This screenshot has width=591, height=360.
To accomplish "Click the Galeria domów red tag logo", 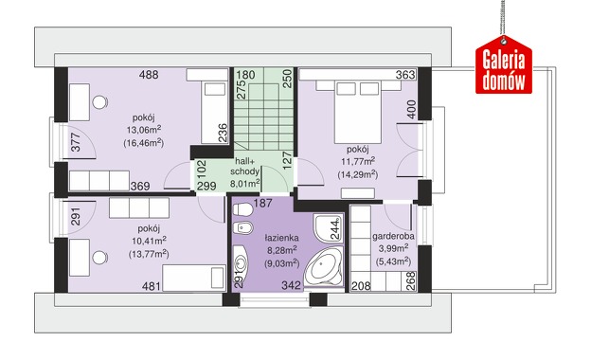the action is coord(504,64).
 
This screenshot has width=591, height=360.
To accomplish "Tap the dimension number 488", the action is coord(149,75).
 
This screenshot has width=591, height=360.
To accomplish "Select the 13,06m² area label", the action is coord(144,130).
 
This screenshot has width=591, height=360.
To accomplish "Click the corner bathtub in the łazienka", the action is coord(324,266).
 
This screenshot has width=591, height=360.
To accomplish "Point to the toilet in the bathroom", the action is coord(242,209).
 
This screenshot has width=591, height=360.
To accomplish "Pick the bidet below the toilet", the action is coord(242,227).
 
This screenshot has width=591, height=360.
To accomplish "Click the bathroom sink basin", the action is coord(241,262).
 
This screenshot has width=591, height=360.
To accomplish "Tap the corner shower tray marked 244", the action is coord(327,227).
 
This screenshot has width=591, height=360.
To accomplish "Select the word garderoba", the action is coord(393,236).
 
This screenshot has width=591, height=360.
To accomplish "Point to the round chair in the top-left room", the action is coord(99,102).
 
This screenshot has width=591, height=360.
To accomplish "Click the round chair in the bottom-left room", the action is coord(99,258).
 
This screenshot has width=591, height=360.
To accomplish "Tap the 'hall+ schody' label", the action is coord(244,166).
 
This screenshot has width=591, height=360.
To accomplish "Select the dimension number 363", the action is coord(405,75).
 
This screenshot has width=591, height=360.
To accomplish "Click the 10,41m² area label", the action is coord(150,241).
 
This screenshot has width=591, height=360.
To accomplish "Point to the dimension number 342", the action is coord(292,285).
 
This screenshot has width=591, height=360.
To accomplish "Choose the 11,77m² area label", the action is coord(358,162).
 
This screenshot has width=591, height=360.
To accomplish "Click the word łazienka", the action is coord(281,238).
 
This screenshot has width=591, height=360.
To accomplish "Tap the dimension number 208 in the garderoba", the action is coord(361,286).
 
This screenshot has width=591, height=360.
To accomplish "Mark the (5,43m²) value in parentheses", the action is coord(393,261).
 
